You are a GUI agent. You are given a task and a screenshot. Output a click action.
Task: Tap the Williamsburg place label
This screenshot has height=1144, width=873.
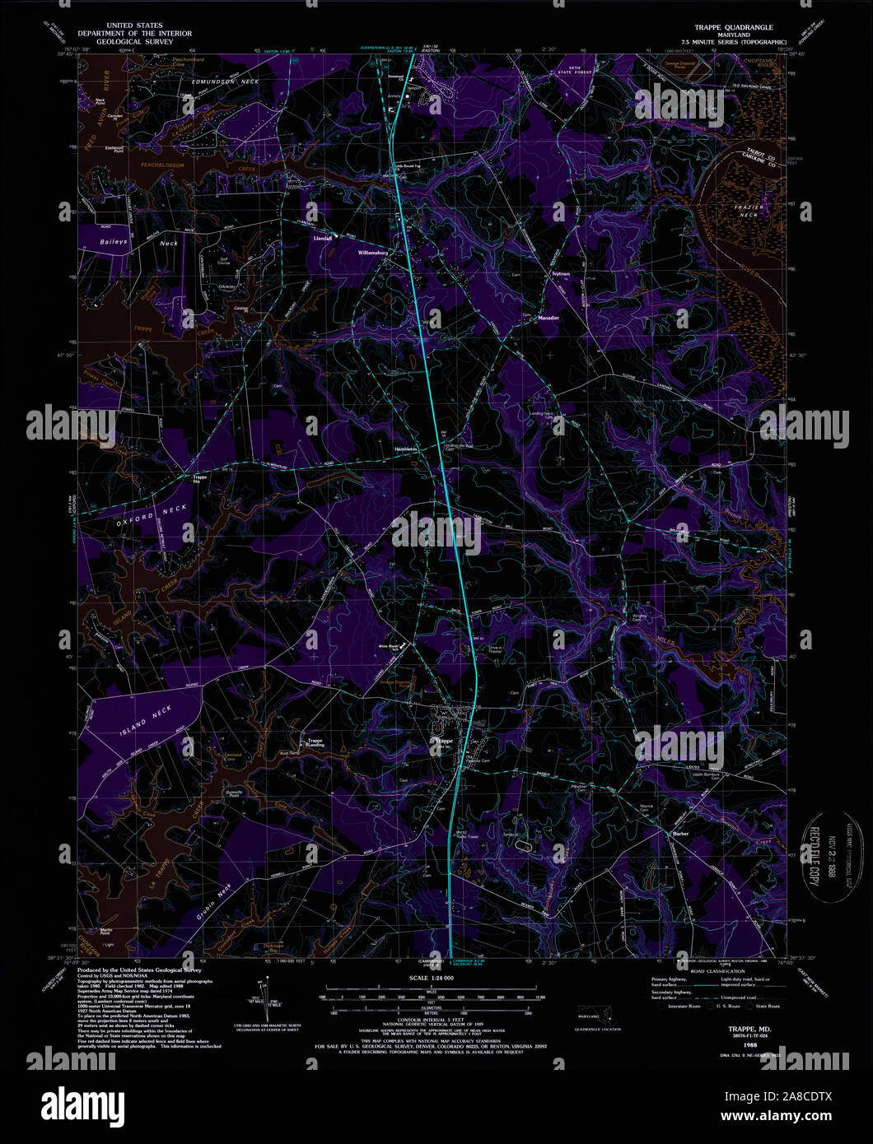(x=372, y=253)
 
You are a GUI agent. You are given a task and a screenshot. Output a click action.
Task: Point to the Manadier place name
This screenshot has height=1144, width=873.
(x=549, y=317)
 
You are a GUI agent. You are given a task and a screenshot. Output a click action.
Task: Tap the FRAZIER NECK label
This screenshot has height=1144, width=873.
(x=747, y=208)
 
